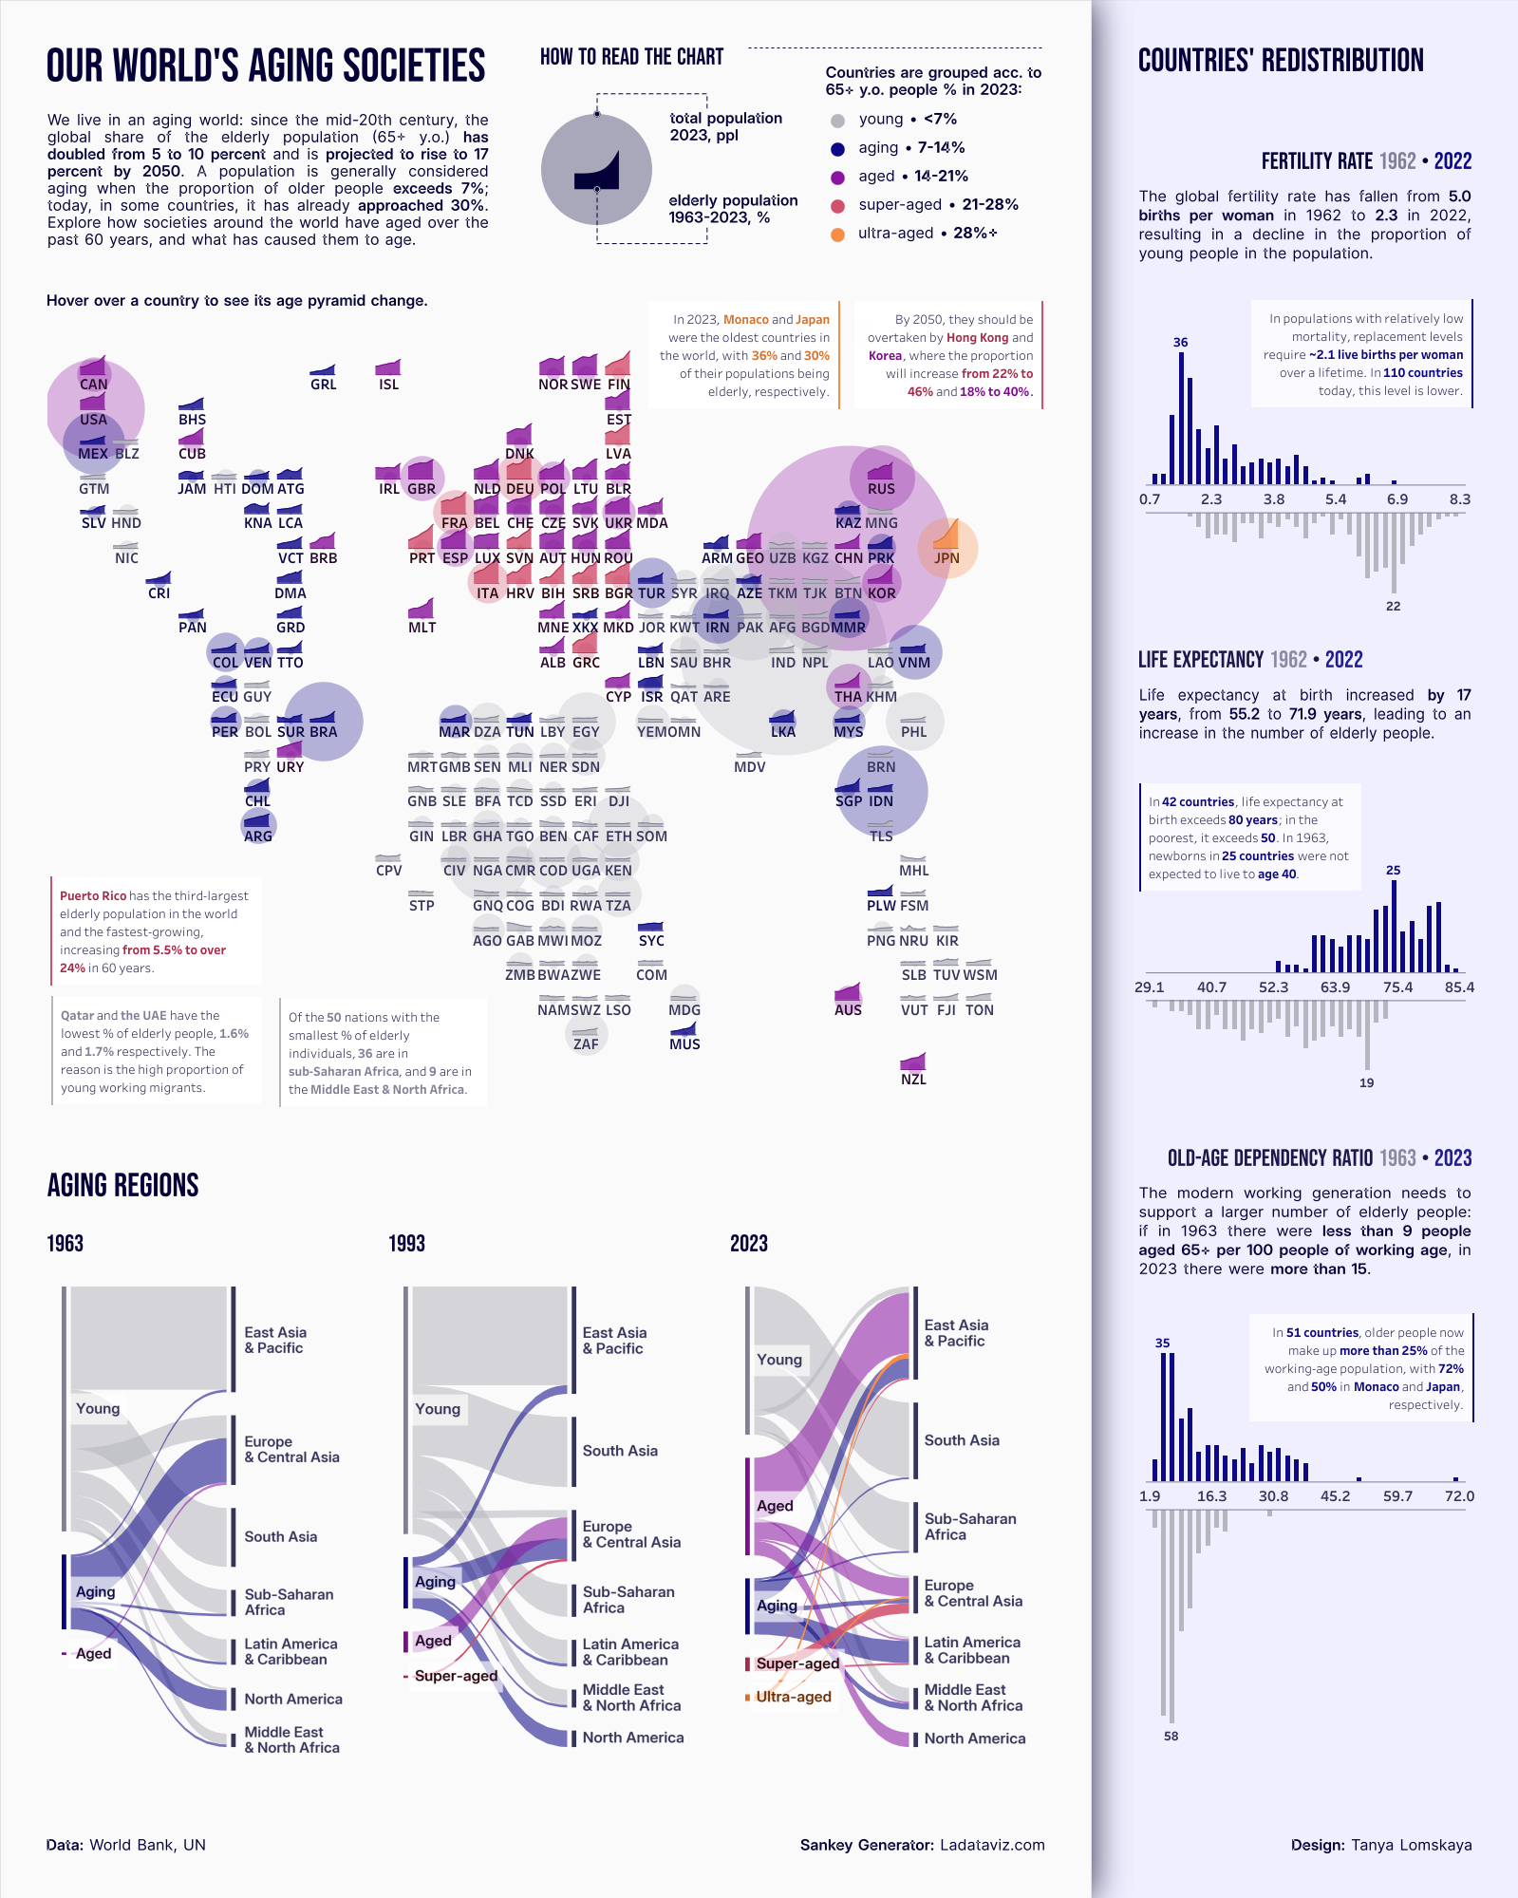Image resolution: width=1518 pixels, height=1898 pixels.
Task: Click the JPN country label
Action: (x=946, y=558)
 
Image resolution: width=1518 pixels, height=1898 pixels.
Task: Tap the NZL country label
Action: (x=913, y=1080)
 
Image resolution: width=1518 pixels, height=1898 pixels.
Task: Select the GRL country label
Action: (x=323, y=385)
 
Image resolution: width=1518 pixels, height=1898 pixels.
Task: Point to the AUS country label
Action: (x=848, y=1010)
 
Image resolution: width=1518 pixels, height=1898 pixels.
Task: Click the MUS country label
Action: (x=684, y=1044)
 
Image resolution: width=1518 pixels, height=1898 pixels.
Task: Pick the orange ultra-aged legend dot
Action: (x=837, y=235)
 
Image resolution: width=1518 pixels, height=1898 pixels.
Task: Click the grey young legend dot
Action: (x=837, y=121)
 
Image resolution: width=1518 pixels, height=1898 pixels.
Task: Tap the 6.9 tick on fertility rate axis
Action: (x=1397, y=499)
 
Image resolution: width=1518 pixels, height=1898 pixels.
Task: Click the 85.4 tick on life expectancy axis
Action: (x=1459, y=987)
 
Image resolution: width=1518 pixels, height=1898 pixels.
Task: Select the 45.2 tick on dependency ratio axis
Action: (x=1335, y=1496)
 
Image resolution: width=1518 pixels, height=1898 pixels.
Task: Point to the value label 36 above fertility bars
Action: (x=1180, y=343)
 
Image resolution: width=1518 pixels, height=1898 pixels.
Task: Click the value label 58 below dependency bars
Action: (x=1171, y=1737)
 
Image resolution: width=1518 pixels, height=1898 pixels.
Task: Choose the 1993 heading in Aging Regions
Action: (x=406, y=1244)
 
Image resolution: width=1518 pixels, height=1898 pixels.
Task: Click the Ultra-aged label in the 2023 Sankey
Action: (x=794, y=1697)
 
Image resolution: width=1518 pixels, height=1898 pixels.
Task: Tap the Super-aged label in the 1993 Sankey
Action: (x=456, y=1676)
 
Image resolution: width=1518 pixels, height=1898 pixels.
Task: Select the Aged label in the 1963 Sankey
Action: (x=93, y=1653)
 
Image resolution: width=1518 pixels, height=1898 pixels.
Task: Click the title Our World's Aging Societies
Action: (x=266, y=66)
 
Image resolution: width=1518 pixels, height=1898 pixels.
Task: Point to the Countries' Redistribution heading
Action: (x=1281, y=61)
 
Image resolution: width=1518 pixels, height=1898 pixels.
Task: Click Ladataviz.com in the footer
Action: (x=992, y=1845)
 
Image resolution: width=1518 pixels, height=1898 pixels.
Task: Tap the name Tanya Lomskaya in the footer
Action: (x=1411, y=1845)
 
